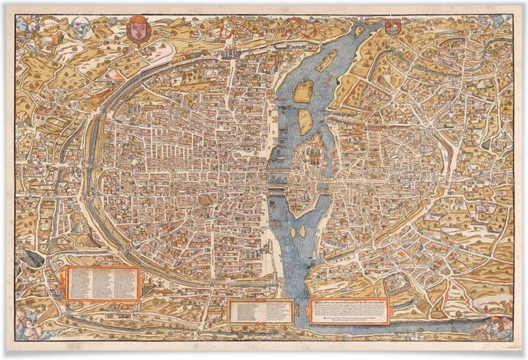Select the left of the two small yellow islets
[293, 232]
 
